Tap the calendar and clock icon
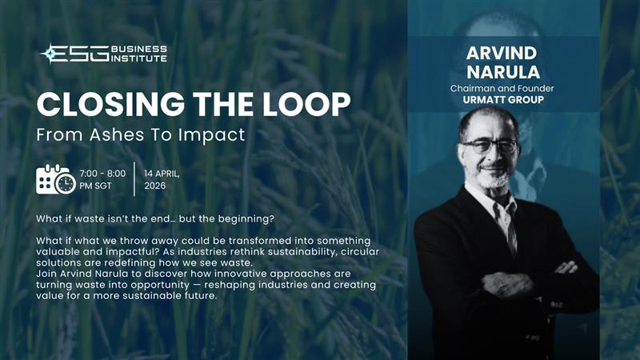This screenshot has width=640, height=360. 56,179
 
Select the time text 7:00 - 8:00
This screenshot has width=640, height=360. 103,173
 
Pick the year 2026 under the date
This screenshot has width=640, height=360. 156,186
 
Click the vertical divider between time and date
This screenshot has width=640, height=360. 134,179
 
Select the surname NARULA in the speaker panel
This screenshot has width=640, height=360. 504,74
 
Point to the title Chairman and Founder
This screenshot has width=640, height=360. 504,89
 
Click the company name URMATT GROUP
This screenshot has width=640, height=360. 504,101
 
